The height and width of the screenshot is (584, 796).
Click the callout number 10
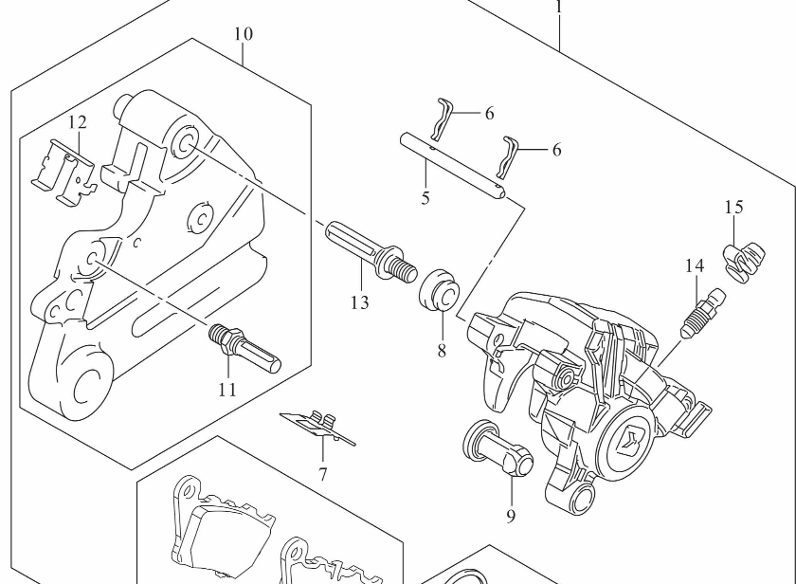point(244,34)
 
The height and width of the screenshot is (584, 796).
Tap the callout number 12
point(77,121)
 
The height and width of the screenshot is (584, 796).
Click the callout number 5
point(425,198)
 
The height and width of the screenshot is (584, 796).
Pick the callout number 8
point(441,349)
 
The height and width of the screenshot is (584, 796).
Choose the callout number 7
point(322,473)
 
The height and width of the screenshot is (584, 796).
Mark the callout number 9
point(510,516)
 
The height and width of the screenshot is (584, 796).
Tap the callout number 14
point(695,266)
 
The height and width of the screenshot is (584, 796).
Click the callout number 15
point(734,207)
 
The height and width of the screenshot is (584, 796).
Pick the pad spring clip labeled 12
point(63,168)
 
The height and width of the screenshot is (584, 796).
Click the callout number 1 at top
point(559,8)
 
